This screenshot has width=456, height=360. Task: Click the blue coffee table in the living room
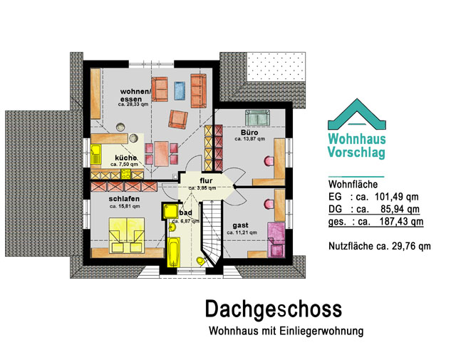click(180, 91)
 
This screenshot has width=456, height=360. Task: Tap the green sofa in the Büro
click(257, 118)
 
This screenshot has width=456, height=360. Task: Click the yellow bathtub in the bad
click(174, 252)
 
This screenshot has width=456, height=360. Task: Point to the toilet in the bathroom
click(201, 261)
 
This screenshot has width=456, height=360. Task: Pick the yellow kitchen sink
click(95, 154)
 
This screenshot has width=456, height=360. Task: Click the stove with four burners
click(126, 174)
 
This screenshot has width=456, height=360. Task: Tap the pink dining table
click(162, 154)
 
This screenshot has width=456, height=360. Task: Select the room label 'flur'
click(206, 181)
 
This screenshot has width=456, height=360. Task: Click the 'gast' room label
click(241, 225)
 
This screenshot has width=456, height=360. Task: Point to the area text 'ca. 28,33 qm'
click(133, 104)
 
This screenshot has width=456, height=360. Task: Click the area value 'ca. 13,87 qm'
click(250, 139)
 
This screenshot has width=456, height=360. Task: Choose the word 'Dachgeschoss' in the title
click(274, 309)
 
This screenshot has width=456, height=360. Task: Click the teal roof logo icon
click(357, 114)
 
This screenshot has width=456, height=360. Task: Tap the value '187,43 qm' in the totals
click(401, 222)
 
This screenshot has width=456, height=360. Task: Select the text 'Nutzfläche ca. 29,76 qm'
click(380, 246)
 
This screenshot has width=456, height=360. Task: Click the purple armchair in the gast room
click(276, 240)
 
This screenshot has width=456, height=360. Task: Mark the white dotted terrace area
click(276, 66)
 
